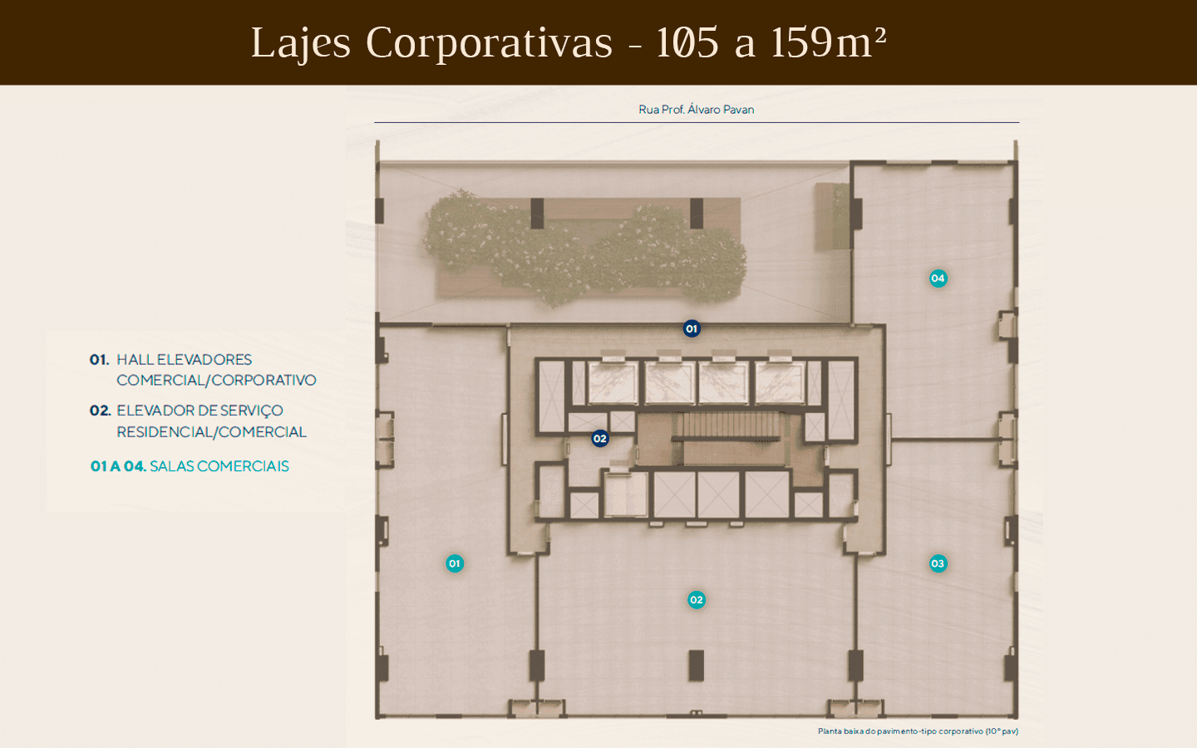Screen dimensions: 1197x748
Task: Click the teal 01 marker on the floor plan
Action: click(455, 563)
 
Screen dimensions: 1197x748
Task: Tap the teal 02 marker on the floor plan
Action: click(697, 599)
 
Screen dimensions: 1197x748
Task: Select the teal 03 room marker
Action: click(938, 563)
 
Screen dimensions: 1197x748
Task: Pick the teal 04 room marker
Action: click(938, 278)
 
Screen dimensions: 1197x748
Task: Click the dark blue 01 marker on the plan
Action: click(692, 328)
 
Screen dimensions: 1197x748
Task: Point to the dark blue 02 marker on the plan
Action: click(599, 439)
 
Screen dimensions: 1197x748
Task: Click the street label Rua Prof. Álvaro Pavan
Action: click(697, 110)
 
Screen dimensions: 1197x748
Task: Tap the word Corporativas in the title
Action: click(489, 42)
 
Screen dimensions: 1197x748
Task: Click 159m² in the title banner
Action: click(828, 42)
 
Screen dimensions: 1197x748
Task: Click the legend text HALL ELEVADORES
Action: click(185, 360)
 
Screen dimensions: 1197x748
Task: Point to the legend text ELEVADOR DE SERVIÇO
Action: click(199, 411)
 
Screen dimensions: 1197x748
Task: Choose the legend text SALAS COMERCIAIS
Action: click(219, 466)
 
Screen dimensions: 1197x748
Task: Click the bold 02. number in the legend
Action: click(100, 411)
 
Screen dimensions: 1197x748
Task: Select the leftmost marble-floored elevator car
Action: click(613, 382)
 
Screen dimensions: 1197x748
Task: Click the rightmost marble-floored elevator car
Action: click(780, 382)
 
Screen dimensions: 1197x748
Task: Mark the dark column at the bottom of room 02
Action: click(697, 665)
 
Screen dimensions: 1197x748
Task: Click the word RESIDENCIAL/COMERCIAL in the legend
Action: click(212, 431)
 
